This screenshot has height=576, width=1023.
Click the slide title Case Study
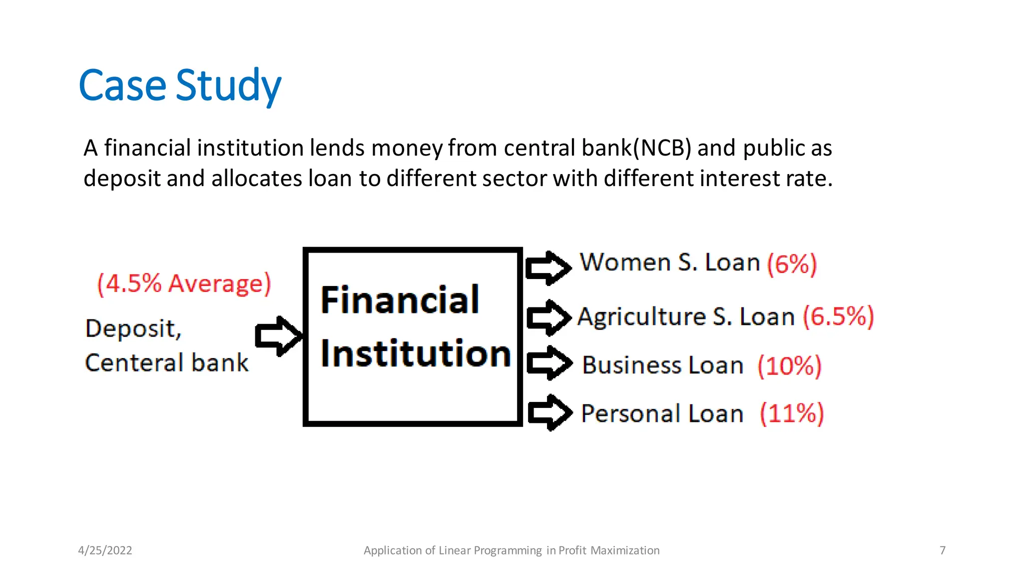pyautogui.click(x=180, y=85)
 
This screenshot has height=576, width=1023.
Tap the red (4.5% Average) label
pyautogui.click(x=184, y=283)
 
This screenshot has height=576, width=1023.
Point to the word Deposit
pyautogui.click(x=132, y=328)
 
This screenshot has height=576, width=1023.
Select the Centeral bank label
pyautogui.click(x=166, y=362)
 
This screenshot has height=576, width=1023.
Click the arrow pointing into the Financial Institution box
pyautogui.click(x=278, y=336)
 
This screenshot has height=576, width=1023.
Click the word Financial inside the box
pyautogui.click(x=400, y=300)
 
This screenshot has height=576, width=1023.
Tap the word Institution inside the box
pyautogui.click(x=415, y=353)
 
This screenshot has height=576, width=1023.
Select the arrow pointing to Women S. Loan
pyautogui.click(x=548, y=267)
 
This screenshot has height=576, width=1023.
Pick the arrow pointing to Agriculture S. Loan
pyautogui.click(x=548, y=317)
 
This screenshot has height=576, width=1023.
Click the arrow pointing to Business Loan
pyautogui.click(x=549, y=363)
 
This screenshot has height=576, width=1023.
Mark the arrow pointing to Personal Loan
pyautogui.click(x=549, y=412)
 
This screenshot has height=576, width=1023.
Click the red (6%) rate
pyautogui.click(x=792, y=263)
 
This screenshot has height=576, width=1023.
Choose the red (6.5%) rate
pyautogui.click(x=838, y=316)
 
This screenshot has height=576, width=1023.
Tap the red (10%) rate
pyautogui.click(x=789, y=365)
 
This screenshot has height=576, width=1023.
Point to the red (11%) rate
pyautogui.click(x=791, y=413)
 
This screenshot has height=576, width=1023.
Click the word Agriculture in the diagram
pyautogui.click(x=641, y=317)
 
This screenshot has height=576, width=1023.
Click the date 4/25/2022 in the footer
pyautogui.click(x=105, y=550)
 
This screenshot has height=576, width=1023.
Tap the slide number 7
pyautogui.click(x=943, y=550)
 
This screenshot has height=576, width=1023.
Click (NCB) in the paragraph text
pyautogui.click(x=662, y=148)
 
